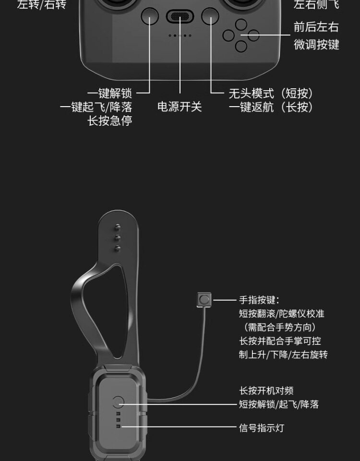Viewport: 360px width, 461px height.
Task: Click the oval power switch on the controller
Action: [x=180, y=16]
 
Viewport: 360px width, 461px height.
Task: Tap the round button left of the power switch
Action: [x=150, y=16]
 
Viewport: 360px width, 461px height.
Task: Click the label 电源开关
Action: [x=180, y=107]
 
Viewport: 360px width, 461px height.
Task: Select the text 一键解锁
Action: [x=109, y=93]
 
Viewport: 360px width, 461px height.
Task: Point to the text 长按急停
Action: [x=109, y=121]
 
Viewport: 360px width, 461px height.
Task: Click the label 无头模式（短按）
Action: [x=271, y=93]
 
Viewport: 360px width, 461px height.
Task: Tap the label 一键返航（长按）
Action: [x=271, y=107]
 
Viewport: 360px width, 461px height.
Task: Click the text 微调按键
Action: [x=316, y=45]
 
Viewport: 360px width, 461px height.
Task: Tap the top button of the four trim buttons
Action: [x=241, y=24]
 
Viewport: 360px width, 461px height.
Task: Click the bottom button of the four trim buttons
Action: [x=241, y=47]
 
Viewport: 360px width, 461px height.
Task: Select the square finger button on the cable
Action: [x=204, y=300]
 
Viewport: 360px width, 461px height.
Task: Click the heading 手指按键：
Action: [x=259, y=300]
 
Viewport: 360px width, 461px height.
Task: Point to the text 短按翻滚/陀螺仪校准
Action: [x=282, y=314]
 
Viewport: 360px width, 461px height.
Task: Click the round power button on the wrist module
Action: [x=118, y=402]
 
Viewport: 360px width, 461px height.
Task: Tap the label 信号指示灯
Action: [x=262, y=427]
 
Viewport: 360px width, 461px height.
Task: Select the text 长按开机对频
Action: [x=266, y=391]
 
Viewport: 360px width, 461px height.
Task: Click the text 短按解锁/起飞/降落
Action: [x=279, y=404]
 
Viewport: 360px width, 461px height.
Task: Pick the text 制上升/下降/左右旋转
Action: [x=284, y=354]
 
